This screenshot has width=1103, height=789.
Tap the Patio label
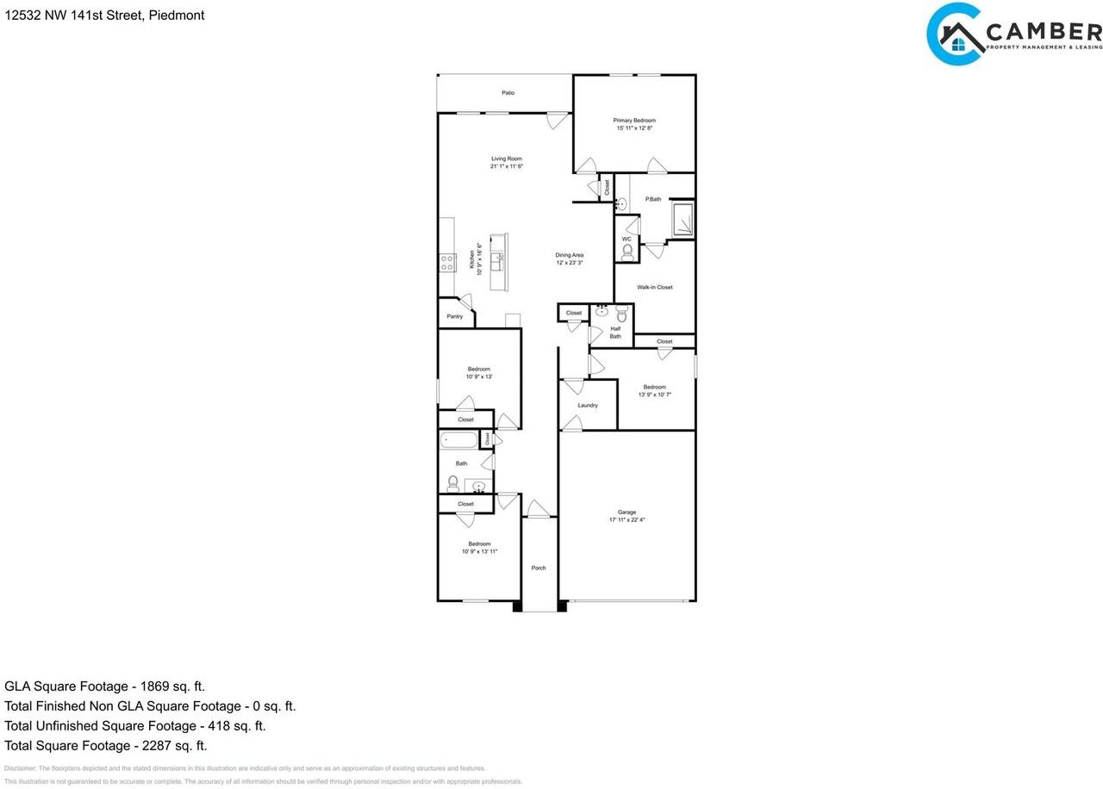[x=508, y=93]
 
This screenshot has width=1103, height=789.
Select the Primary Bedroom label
[x=634, y=121]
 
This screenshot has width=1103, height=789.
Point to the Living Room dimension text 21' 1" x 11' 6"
[x=507, y=166]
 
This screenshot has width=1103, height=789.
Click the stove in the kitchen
[x=447, y=263]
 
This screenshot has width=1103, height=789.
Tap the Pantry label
[x=455, y=317]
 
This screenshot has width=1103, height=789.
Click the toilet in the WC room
[x=626, y=252]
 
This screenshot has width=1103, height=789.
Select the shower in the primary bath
[x=682, y=219]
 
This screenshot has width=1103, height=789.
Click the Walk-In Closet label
[x=655, y=288]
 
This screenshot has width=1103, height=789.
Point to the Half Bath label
[x=615, y=332]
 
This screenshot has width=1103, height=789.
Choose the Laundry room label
[x=588, y=406]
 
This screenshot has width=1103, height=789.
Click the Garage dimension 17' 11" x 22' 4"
[x=627, y=520]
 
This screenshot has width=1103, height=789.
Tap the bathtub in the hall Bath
[x=458, y=441]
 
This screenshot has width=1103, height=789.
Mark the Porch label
[x=539, y=568]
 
